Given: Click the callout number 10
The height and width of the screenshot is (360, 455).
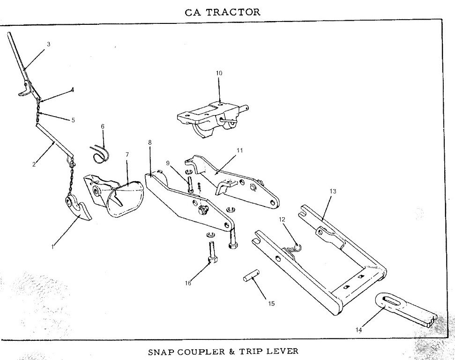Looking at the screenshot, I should click(219, 73).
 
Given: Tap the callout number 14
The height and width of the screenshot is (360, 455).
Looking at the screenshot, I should click(358, 330).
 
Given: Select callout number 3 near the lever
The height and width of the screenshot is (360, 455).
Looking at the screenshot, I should click(48, 44).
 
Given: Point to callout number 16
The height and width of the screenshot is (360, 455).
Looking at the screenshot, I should click(188, 283).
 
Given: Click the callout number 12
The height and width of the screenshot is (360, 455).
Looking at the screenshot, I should click(282, 220).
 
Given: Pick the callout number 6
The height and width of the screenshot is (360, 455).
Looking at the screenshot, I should click(103, 126).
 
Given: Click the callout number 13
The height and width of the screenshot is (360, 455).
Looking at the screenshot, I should click(333, 191).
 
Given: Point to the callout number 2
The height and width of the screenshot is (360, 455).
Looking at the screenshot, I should click(34, 164).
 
